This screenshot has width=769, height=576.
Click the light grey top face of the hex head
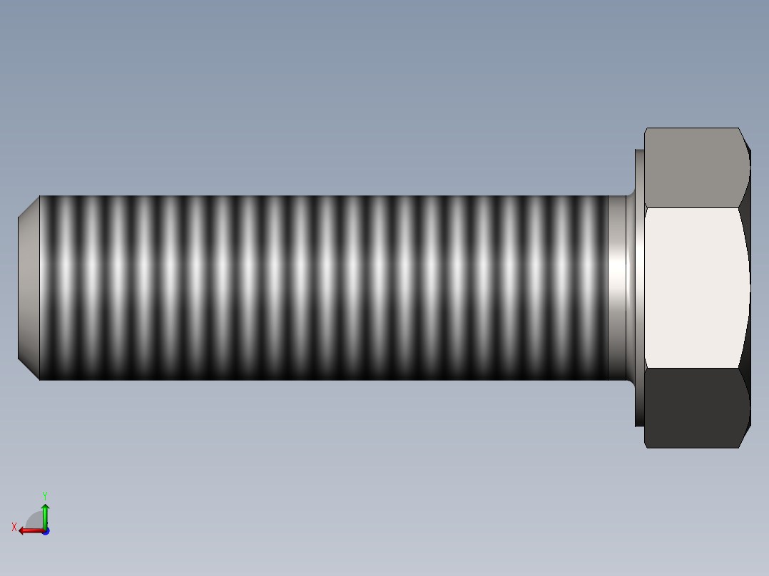(x=692, y=168)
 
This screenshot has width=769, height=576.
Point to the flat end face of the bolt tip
(x=27, y=288)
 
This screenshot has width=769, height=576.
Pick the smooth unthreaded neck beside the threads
(x=617, y=288)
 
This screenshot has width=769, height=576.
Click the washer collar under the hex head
(x=639, y=288)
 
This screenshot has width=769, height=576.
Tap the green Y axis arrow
(x=45, y=512)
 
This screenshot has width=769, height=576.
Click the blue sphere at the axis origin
(x=45, y=531)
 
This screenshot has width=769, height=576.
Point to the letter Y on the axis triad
(x=44, y=495)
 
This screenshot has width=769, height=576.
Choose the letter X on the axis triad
(x=14, y=528)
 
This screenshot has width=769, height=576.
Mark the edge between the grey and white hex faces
(x=692, y=208)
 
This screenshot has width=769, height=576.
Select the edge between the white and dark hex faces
(x=692, y=369)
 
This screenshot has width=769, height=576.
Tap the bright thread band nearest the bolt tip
(x=64, y=288)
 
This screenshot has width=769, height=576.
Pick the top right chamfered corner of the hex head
(x=745, y=139)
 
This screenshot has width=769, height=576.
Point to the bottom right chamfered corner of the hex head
(x=745, y=437)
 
